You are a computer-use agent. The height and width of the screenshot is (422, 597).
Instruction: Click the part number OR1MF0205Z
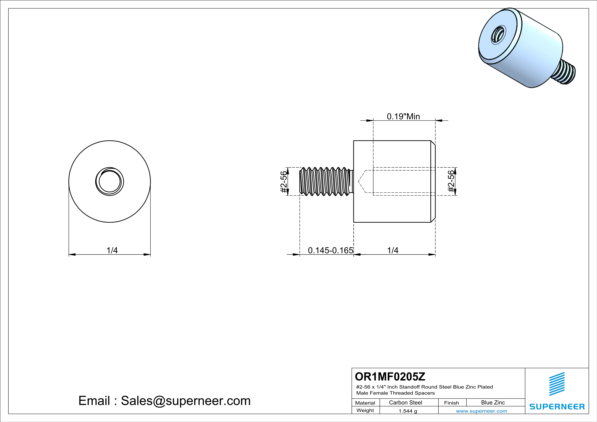(x=390, y=377)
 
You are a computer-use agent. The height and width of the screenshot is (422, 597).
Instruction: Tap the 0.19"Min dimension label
(x=403, y=116)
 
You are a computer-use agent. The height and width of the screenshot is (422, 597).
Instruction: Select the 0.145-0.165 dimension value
(x=330, y=250)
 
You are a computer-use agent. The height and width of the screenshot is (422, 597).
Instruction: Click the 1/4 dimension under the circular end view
(x=112, y=250)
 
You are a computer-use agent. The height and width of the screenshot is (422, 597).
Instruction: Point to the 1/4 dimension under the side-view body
(x=393, y=250)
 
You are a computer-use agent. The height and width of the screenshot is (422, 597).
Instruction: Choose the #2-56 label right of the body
(x=451, y=181)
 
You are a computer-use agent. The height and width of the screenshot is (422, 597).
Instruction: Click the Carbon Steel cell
(x=405, y=402)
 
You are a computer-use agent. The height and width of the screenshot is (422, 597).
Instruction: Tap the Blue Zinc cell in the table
(x=493, y=402)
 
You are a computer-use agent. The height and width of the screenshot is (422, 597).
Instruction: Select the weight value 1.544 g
(x=408, y=411)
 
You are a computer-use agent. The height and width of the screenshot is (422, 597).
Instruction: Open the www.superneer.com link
(x=481, y=411)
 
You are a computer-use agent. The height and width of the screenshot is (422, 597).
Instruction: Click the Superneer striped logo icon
(x=557, y=384)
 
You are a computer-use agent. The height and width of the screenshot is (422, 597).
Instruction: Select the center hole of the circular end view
(x=109, y=181)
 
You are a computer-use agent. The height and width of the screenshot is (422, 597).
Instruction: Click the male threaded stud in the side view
(x=326, y=181)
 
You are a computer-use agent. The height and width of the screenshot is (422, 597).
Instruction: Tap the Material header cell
(x=365, y=403)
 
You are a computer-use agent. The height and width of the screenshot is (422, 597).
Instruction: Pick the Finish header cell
(x=451, y=403)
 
